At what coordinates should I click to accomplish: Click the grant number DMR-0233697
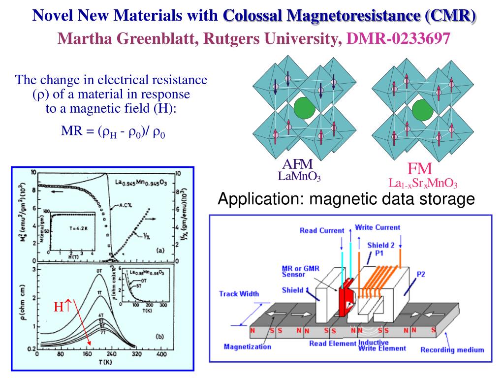[x=398, y=38]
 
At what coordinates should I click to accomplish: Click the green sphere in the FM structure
[x=422, y=109]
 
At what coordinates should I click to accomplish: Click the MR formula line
[x=113, y=132]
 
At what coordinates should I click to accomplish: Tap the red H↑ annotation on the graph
[x=63, y=307]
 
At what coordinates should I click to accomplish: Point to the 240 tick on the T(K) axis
[x=111, y=354]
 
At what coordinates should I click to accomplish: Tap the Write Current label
[x=378, y=227]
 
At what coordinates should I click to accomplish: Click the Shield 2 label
[x=381, y=245]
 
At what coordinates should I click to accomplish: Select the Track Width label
[x=238, y=294]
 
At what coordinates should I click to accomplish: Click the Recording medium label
[x=452, y=350]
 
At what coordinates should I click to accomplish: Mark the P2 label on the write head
[x=421, y=274]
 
